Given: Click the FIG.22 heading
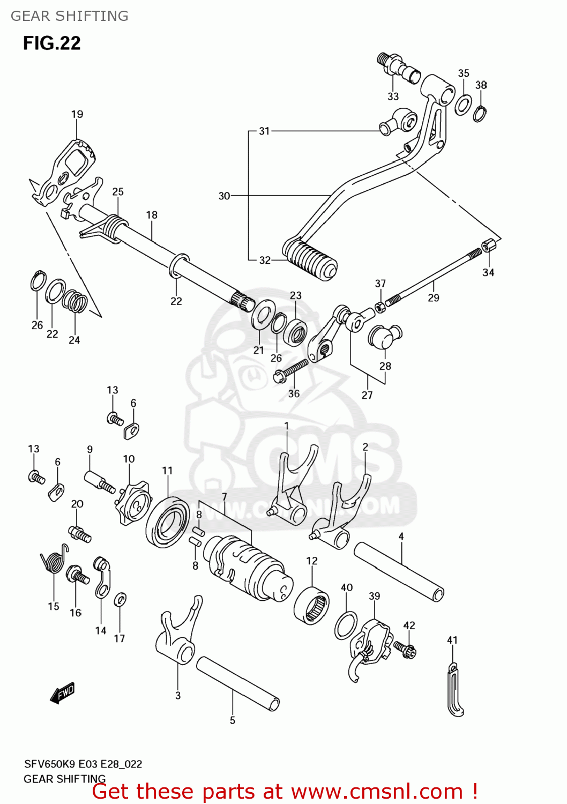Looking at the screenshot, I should coord(51,43).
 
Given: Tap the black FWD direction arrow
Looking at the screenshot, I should coord(62,693).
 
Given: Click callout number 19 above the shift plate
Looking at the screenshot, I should coord(77,114).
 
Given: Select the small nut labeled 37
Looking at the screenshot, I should coord(378,308).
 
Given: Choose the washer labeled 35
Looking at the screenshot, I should coord(463,105).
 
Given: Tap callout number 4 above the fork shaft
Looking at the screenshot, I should coord(401,536).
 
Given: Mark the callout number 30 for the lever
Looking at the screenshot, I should coord(224,196).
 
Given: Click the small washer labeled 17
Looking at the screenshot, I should coord(121,599).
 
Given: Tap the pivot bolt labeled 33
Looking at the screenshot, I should coord(400,68).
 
